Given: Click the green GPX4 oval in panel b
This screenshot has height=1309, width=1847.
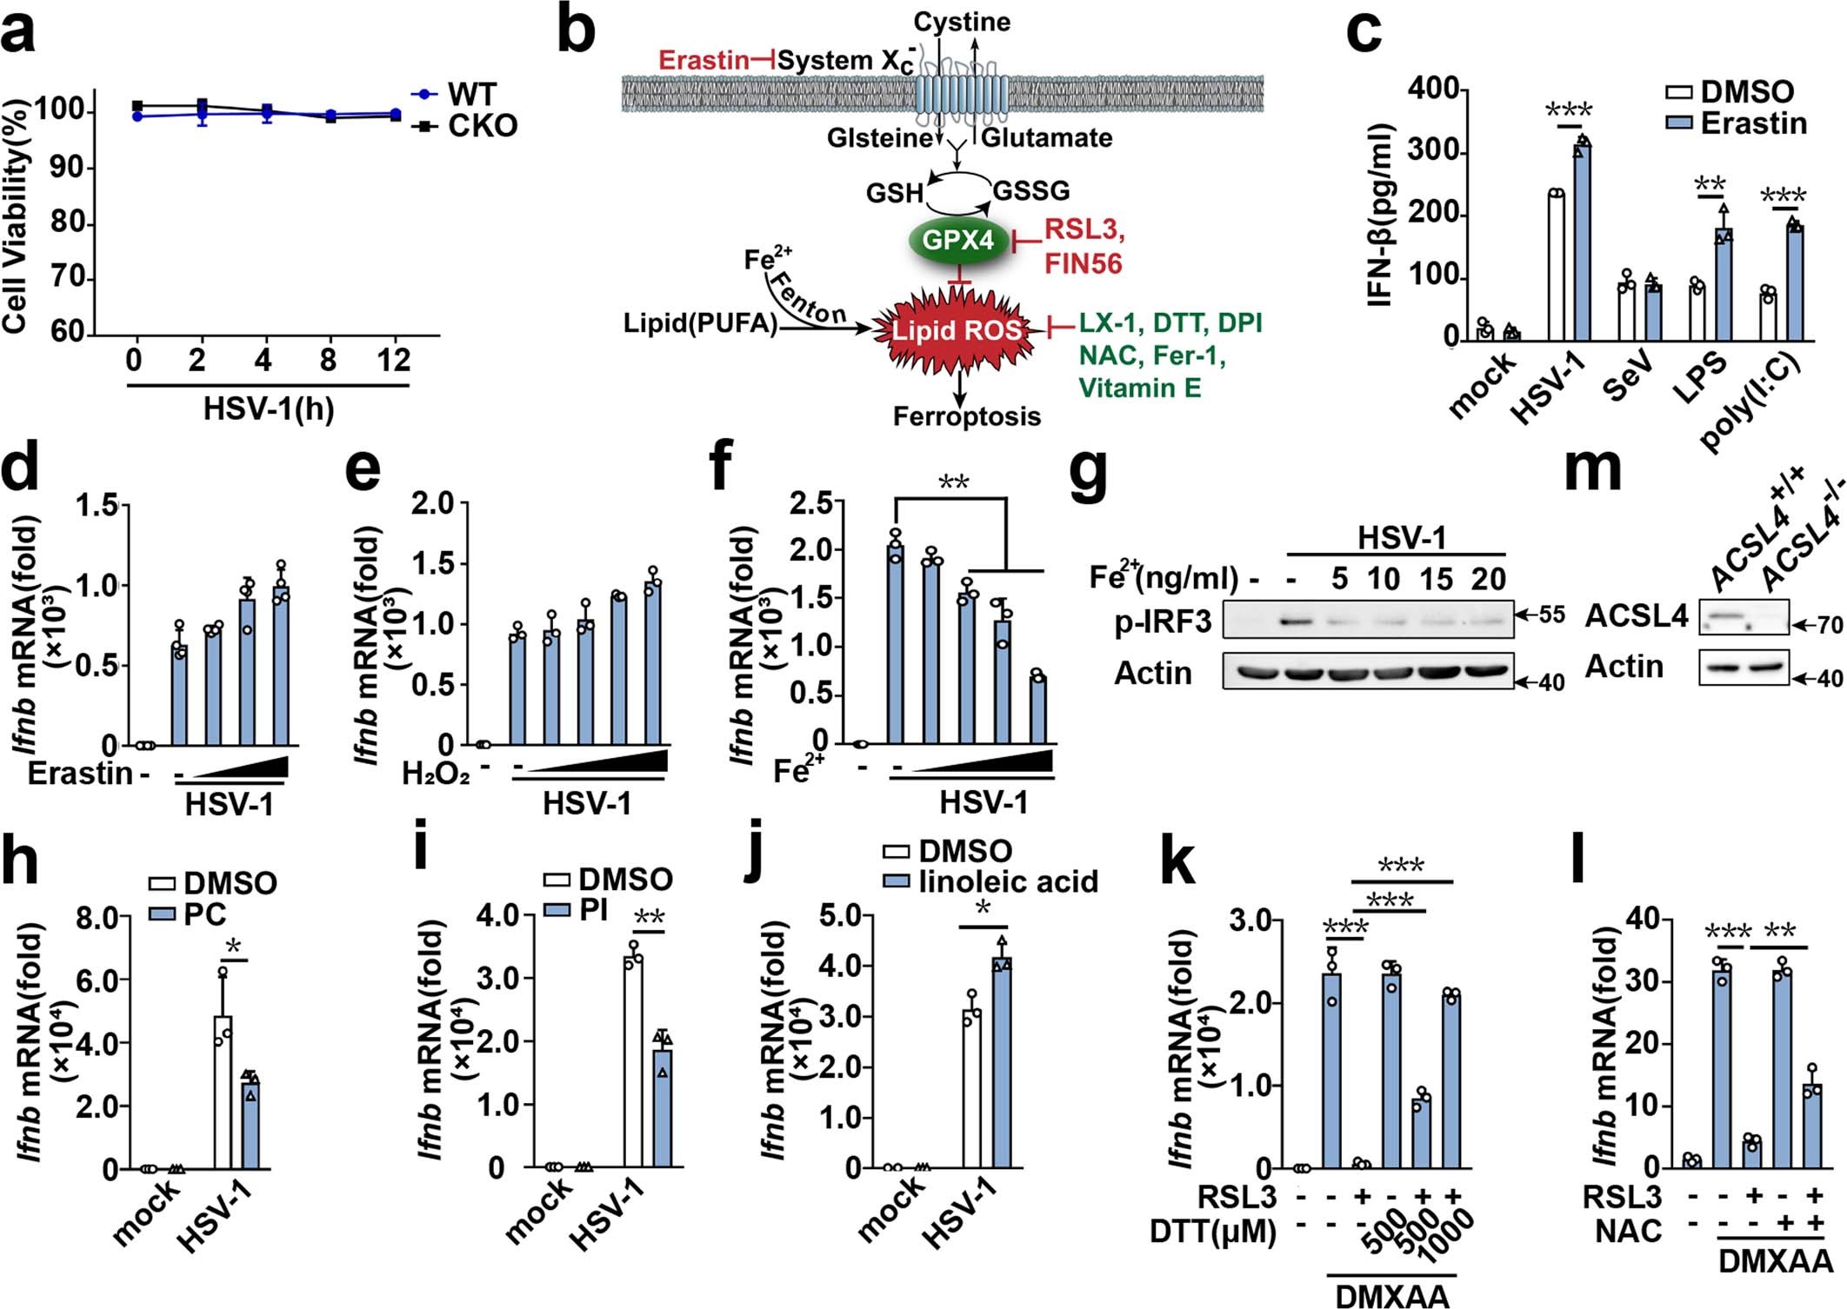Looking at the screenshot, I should tap(957, 240).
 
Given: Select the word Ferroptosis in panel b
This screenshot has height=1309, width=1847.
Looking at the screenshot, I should tap(966, 416).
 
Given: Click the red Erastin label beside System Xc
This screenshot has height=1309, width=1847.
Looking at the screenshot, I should tap(703, 60).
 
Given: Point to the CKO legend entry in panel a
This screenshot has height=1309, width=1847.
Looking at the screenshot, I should tap(482, 126).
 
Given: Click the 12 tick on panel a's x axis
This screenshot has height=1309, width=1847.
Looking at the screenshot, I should tap(394, 360).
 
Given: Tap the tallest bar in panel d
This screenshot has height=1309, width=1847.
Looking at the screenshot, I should tap(281, 665).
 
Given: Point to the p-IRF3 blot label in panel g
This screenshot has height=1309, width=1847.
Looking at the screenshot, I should tap(1164, 622).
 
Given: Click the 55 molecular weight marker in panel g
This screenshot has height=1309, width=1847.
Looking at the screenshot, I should tap(1551, 615).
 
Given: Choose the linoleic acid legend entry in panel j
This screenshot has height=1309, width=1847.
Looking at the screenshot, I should tap(1007, 881).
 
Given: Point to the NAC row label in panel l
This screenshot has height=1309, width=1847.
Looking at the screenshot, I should tap(1628, 1231).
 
